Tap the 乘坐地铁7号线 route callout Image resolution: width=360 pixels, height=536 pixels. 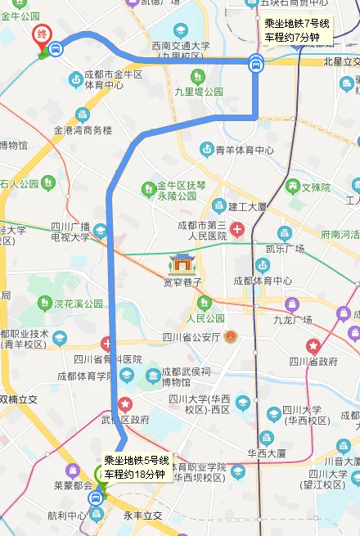tap(297, 31)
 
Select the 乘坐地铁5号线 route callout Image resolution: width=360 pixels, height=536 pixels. tap(136, 467)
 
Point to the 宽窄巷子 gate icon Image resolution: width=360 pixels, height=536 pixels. tap(182, 263)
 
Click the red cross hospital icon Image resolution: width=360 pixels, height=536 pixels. tap(237, 229)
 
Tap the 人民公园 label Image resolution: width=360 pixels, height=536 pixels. tap(205, 318)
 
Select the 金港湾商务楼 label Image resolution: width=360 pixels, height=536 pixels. tap(83, 130)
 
